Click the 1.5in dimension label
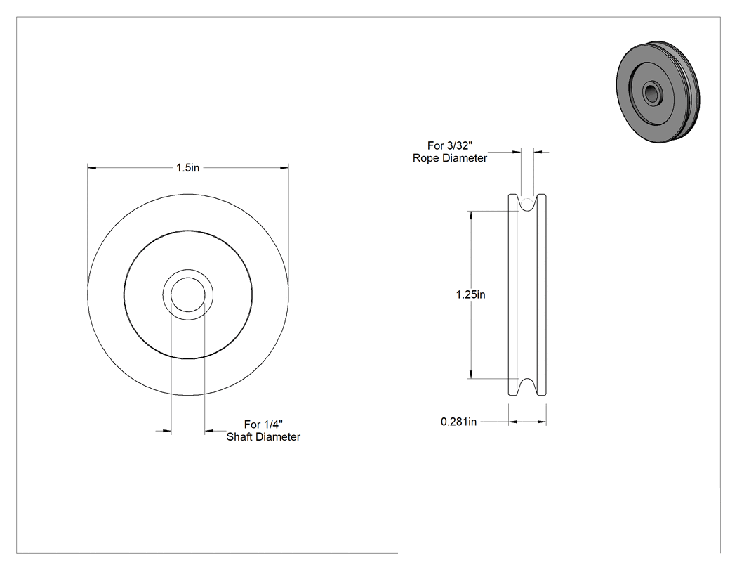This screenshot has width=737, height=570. pyautogui.click(x=187, y=167)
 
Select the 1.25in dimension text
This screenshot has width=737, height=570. pyautogui.click(x=470, y=294)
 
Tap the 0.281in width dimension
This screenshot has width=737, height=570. pyautogui.click(x=459, y=422)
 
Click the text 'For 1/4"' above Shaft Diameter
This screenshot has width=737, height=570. pyautogui.click(x=263, y=425)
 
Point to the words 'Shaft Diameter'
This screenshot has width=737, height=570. pyautogui.click(x=263, y=436)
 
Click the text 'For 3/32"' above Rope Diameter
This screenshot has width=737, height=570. pyautogui.click(x=450, y=146)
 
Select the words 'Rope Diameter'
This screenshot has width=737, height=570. pyautogui.click(x=450, y=158)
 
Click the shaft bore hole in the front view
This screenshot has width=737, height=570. pyautogui.click(x=188, y=294)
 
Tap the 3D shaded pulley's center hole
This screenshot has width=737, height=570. pyautogui.click(x=651, y=92)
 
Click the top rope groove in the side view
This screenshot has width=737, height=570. pyautogui.click(x=527, y=203)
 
